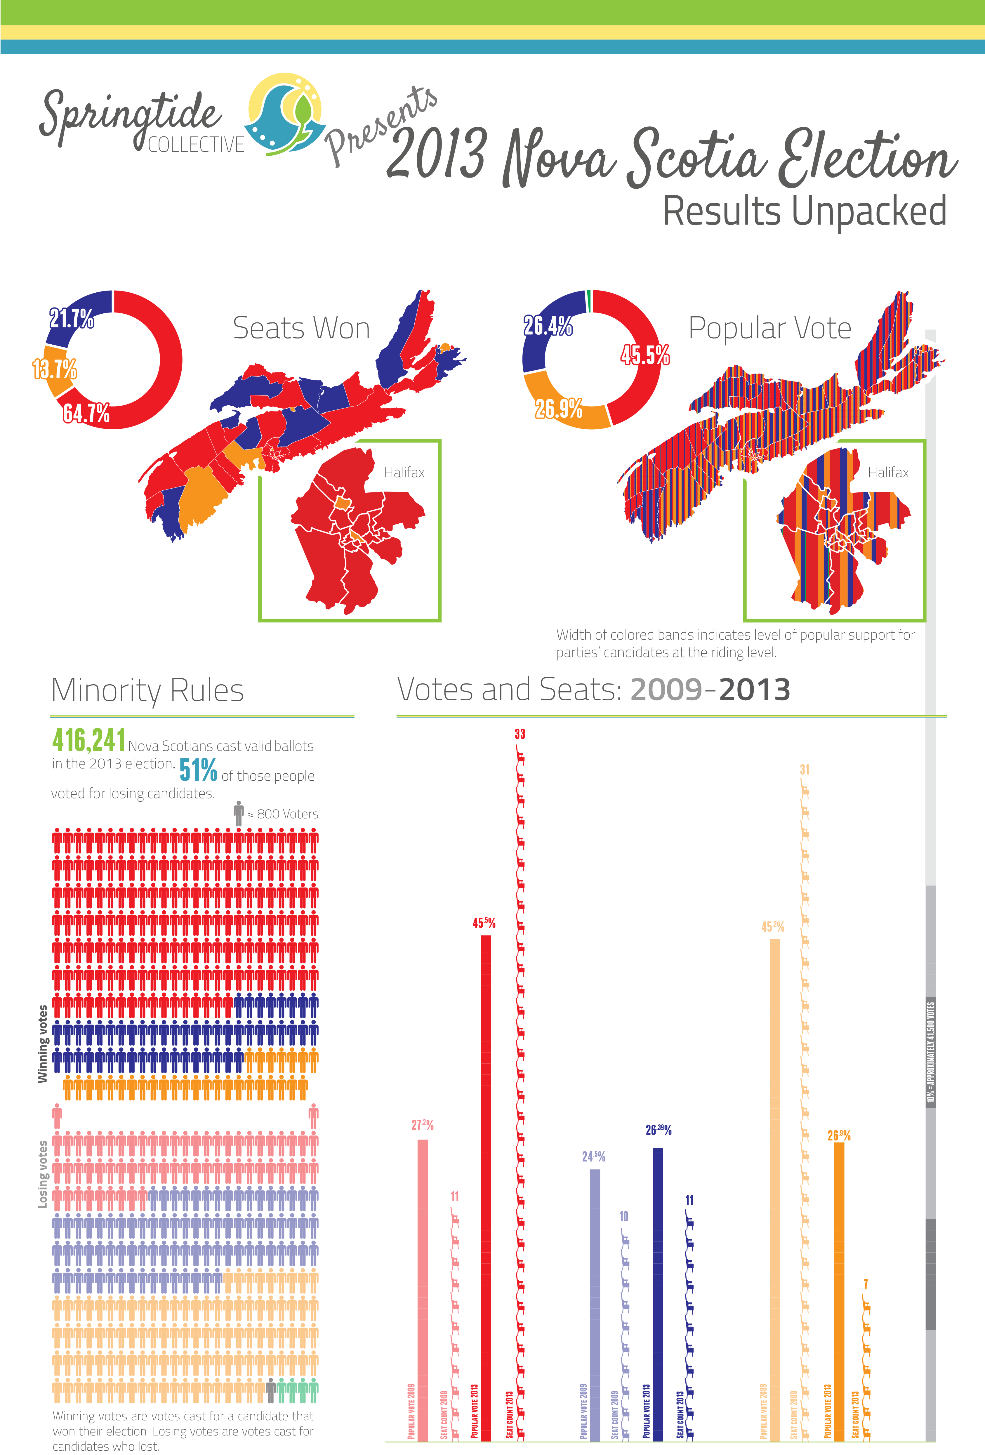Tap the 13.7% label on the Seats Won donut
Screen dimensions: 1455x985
(x=55, y=369)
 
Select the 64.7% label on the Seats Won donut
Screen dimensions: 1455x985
(x=86, y=413)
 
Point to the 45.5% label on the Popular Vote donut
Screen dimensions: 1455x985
(x=645, y=355)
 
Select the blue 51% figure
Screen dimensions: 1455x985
(x=198, y=770)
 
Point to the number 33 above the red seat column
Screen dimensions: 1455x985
(x=520, y=734)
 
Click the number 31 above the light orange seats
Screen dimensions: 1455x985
(x=805, y=770)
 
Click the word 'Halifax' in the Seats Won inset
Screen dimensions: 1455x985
(x=404, y=473)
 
